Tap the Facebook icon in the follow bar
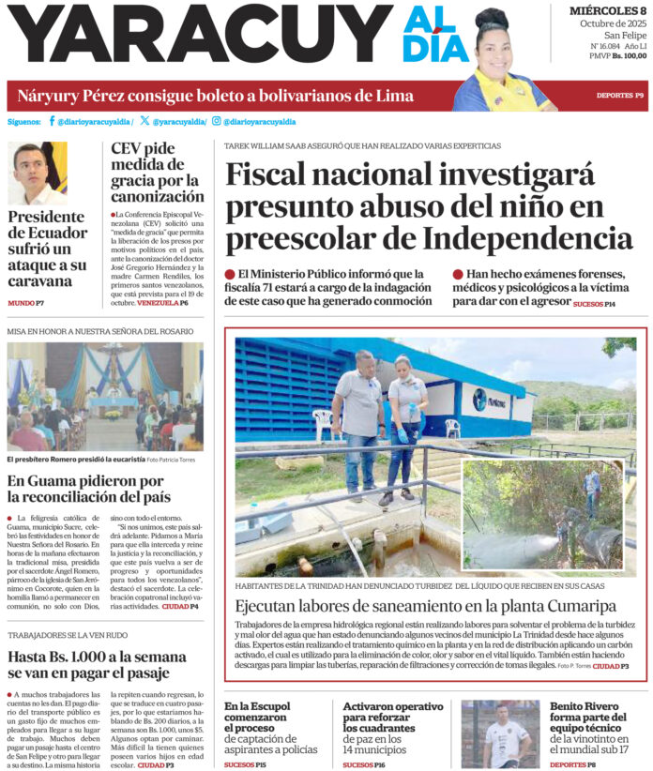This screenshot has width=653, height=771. (x=51, y=121)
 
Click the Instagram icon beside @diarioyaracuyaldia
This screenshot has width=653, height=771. (x=217, y=121)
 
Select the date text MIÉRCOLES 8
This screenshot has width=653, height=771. (x=607, y=10)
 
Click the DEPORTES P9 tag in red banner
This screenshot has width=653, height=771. (x=619, y=96)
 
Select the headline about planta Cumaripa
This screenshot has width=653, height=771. (x=419, y=606)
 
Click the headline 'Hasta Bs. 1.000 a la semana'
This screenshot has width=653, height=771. (x=98, y=665)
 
